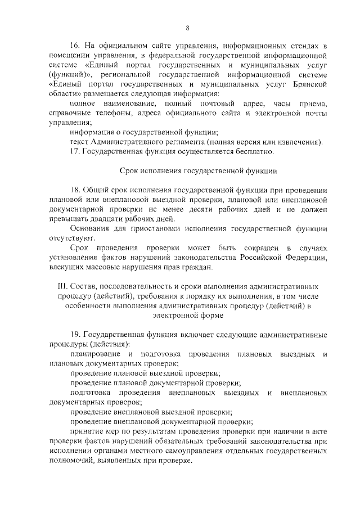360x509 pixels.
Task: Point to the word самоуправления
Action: tap(173, 451)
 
